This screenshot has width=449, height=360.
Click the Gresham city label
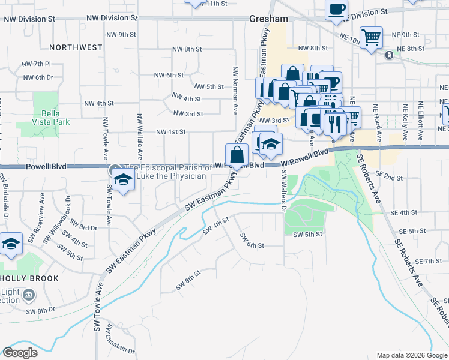point(268,19)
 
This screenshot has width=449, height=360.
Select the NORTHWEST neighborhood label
point(76,47)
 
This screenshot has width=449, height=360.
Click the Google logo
point(20,353)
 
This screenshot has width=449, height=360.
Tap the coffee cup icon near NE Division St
point(337,10)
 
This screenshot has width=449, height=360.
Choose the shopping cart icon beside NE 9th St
point(372,37)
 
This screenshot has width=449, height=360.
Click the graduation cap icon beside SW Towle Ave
point(123,179)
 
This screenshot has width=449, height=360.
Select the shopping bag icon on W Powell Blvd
point(237,155)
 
